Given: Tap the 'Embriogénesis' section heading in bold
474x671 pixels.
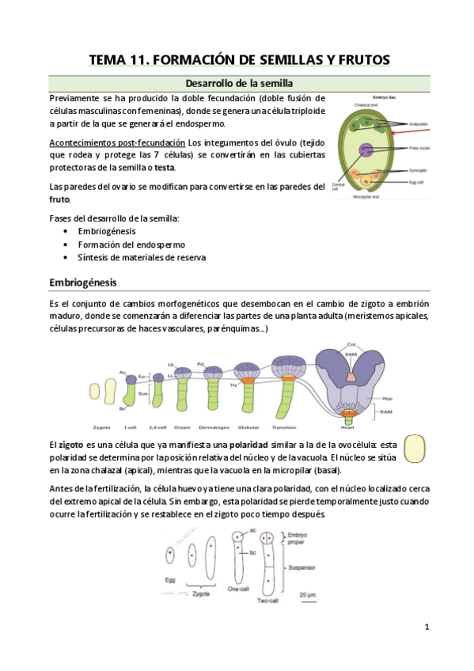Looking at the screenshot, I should coord(85,282).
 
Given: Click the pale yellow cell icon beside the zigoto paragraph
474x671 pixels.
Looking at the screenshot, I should coord(412,449).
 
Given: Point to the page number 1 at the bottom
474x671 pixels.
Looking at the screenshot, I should coord(427,627).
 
